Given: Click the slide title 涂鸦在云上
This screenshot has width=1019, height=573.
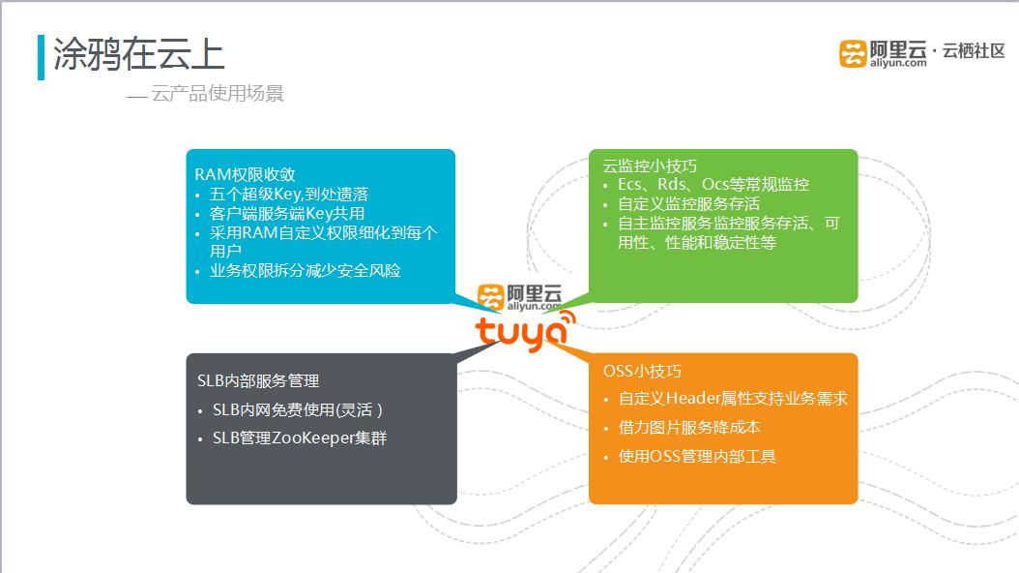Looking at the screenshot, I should (139, 55).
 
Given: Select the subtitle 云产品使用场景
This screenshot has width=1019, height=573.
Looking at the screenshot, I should (217, 94).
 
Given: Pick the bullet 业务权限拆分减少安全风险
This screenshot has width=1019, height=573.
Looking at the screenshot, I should (305, 270).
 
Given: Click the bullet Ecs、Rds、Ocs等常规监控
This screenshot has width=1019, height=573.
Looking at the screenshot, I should (713, 184).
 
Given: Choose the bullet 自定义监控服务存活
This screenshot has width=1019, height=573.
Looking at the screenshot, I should (688, 204).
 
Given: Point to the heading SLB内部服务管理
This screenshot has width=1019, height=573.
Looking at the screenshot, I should (258, 380).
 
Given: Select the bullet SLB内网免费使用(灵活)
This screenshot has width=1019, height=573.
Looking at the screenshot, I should (298, 409).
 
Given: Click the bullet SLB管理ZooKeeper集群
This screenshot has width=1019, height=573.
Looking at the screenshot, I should (299, 437).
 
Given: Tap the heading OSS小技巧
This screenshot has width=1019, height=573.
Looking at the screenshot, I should (642, 371).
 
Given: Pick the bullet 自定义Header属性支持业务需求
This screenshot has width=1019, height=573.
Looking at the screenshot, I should (732, 398).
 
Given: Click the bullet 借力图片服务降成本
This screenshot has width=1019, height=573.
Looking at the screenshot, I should (688, 427).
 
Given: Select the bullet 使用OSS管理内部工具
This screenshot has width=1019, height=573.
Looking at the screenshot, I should (696, 456).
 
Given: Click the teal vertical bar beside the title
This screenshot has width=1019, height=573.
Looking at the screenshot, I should (41, 57).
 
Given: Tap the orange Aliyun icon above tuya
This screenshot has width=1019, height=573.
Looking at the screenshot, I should (491, 296).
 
